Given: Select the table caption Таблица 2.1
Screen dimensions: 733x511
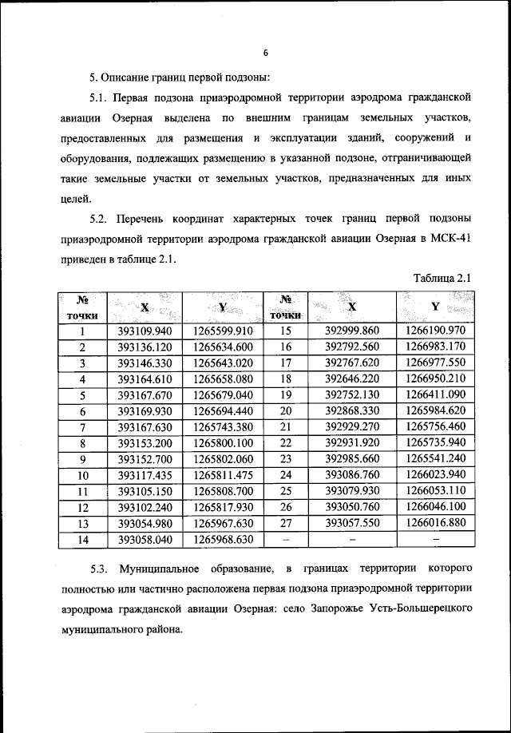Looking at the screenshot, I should (444, 278).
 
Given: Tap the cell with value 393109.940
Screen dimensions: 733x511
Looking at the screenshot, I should (145, 331).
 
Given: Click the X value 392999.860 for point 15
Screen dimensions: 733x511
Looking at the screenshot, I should (351, 331).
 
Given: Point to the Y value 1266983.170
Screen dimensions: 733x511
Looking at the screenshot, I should (435, 347).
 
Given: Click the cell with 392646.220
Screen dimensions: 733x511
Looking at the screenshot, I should (351, 378).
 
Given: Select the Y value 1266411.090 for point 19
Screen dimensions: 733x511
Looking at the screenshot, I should (435, 394).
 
